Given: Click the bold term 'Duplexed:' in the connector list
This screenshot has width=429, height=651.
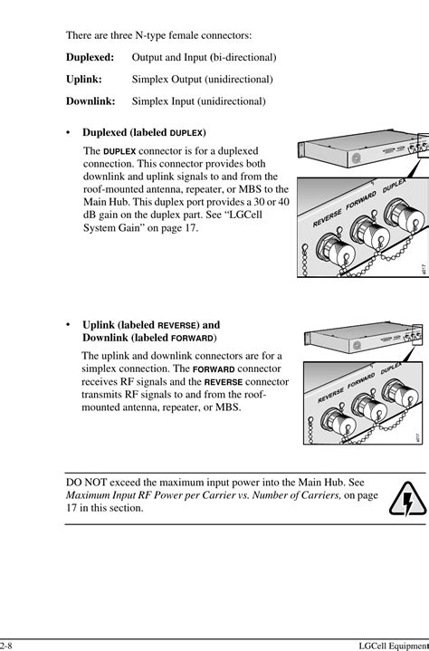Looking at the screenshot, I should (x=90, y=58).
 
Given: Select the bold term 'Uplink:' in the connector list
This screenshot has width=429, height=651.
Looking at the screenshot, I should (x=83, y=80).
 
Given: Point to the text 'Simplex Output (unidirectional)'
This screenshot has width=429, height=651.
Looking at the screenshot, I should (x=202, y=80).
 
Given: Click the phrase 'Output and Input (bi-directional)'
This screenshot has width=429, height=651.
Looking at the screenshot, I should (x=204, y=58).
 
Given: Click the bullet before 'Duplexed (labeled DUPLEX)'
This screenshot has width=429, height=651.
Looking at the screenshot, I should (x=69, y=132).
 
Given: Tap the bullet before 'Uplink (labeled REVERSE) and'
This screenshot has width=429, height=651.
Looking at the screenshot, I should (x=69, y=324).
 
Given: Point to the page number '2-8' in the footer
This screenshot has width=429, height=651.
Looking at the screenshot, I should (x=7, y=643).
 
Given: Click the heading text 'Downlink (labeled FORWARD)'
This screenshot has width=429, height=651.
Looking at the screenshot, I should (x=149, y=338).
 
